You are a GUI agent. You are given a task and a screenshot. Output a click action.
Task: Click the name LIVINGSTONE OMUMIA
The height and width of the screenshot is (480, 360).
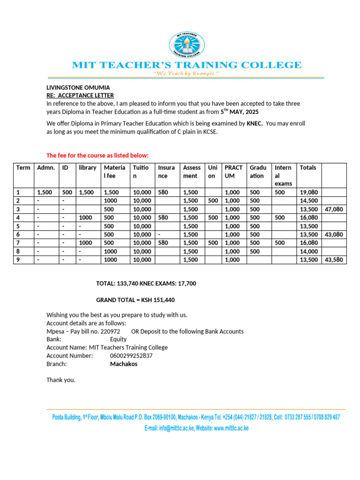point(77,88)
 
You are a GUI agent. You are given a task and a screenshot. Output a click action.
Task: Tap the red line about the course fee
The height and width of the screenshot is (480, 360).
point(97,155)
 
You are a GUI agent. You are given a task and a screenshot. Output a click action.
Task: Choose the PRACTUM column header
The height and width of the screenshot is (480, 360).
point(233,172)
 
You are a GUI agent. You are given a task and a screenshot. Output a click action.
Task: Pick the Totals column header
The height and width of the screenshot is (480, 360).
point(308,168)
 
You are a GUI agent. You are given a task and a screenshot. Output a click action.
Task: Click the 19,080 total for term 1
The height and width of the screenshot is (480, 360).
point(308,192)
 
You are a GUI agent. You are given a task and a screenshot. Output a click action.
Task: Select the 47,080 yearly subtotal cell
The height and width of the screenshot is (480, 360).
point(334,209)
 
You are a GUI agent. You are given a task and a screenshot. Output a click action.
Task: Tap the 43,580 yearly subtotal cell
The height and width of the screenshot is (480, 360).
point(334,259)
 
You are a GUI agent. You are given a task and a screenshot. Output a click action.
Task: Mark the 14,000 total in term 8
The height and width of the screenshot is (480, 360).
point(308,251)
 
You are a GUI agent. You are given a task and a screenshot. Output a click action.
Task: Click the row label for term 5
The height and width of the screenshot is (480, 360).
point(18,226)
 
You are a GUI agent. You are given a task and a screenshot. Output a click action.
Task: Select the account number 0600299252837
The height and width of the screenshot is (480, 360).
point(131,356)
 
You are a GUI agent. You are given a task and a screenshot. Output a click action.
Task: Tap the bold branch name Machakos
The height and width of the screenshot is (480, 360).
point(124,364)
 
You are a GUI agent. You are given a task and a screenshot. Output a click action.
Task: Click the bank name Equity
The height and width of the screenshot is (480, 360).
point(118,339)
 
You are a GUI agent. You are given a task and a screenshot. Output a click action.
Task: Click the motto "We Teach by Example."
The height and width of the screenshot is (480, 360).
point(186,74)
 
